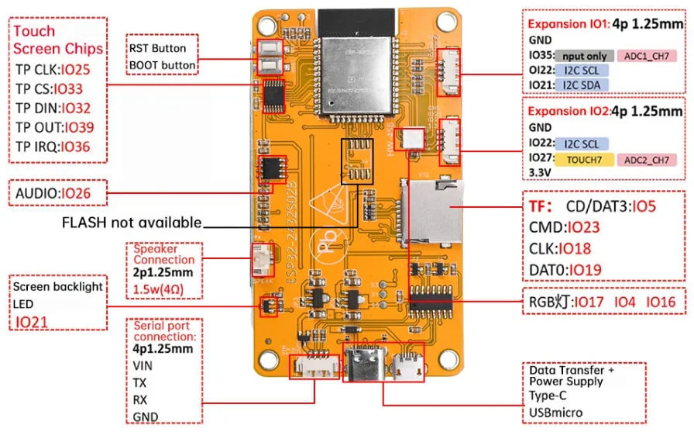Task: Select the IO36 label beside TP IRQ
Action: [77, 146]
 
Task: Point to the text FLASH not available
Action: [132, 223]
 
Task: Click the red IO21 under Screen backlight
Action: [33, 321]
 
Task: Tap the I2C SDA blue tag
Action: [581, 85]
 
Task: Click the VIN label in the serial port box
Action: [143, 365]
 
